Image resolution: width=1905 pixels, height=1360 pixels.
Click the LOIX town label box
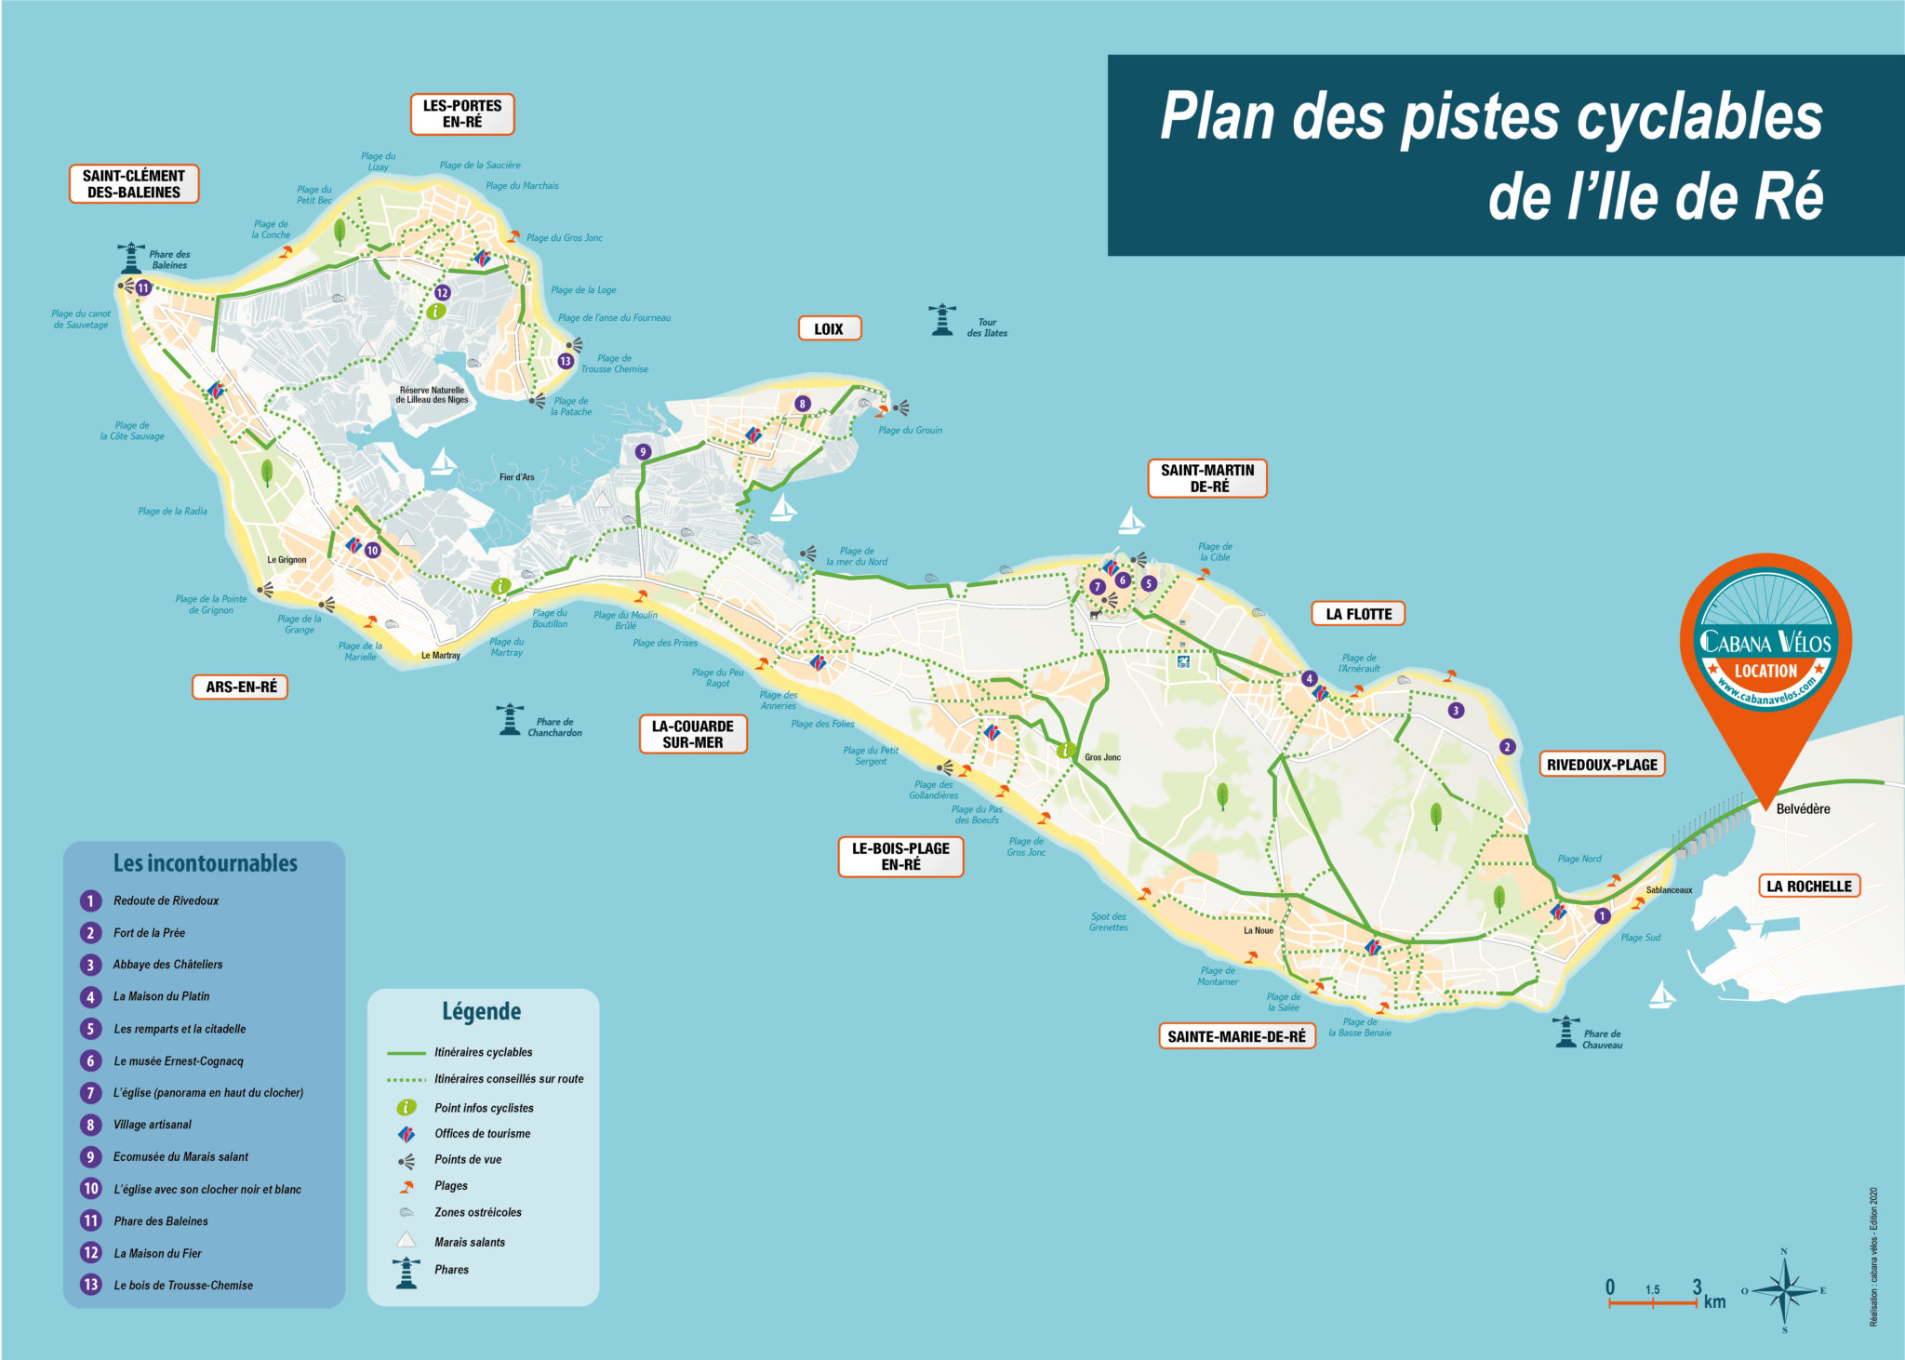coord(829,328)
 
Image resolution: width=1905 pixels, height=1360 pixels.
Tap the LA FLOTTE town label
coord(1358,614)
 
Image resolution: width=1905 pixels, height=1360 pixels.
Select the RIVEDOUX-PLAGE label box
coord(1602,765)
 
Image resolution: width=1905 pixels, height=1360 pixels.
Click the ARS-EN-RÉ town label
coord(241,687)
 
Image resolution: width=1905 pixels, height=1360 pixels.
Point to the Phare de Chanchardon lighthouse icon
coord(510,720)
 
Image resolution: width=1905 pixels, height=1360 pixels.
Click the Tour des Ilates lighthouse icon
coord(942,320)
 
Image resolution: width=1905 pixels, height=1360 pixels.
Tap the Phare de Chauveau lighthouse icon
coord(1566,1032)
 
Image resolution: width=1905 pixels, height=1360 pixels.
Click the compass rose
coord(1784,1290)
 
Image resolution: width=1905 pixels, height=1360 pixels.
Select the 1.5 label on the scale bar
coord(1652,1289)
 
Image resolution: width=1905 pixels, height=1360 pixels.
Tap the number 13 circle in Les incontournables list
coord(90,1285)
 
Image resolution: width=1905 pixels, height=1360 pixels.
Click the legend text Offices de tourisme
coord(482,1134)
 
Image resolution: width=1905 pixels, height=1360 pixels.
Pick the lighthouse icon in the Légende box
coord(406,1272)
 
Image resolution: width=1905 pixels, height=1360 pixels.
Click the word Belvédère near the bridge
coord(1803,809)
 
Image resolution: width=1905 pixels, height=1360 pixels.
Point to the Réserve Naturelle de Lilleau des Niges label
coord(432,395)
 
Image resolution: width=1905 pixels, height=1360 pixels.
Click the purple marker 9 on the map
coord(642,452)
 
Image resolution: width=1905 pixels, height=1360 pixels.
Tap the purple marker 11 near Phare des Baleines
coord(143,288)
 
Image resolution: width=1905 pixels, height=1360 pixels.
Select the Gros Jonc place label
coord(1102,757)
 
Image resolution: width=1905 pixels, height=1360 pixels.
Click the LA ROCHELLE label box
coord(1808,887)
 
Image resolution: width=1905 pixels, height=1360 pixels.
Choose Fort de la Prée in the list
coord(149,933)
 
